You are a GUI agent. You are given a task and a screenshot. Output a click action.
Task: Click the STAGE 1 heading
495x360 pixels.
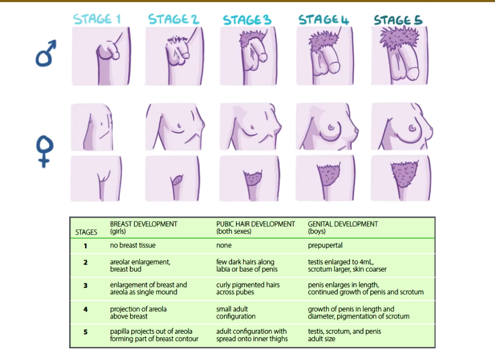pyautogui.click(x=96, y=19)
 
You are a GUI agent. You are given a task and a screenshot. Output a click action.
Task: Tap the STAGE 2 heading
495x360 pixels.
pyautogui.click(x=173, y=19)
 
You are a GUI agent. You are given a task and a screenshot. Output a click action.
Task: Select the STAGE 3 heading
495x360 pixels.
pyautogui.click(x=247, y=20)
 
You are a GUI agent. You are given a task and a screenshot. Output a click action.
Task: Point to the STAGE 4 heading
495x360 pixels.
pyautogui.click(x=323, y=20)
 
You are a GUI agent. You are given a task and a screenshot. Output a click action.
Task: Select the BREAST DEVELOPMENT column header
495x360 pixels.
pyautogui.click(x=143, y=227)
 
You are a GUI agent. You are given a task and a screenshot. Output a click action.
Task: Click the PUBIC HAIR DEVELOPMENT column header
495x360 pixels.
pyautogui.click(x=255, y=227)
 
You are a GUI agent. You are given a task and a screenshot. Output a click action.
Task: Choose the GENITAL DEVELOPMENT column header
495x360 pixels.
pyautogui.click(x=343, y=227)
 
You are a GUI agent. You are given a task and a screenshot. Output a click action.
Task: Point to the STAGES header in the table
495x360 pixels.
pyautogui.click(x=86, y=232)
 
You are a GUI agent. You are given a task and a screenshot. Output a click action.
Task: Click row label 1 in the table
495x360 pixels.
pyautogui.click(x=85, y=246)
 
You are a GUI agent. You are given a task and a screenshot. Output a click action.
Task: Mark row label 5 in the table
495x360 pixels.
pyautogui.click(x=85, y=331)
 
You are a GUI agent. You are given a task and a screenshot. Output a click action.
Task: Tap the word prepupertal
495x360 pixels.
pyautogui.click(x=325, y=246)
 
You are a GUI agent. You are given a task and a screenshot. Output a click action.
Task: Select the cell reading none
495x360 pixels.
pyautogui.click(x=224, y=246)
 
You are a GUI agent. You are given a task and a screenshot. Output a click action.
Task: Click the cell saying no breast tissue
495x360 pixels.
pyautogui.click(x=134, y=246)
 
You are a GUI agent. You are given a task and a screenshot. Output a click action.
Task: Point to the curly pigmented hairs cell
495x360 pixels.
pyautogui.click(x=247, y=288)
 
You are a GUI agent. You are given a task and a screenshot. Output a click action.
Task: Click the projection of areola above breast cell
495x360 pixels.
pyautogui.click(x=138, y=313)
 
